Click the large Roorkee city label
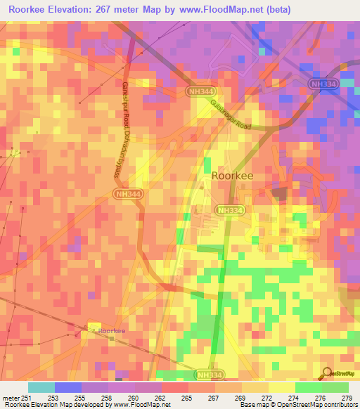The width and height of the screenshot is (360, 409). pos(233,178)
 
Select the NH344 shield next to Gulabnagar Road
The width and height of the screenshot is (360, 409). pos(201,92)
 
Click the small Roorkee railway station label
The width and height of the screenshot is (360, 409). pos(111,330)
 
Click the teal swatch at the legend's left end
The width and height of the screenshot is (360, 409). pos(41,387)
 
